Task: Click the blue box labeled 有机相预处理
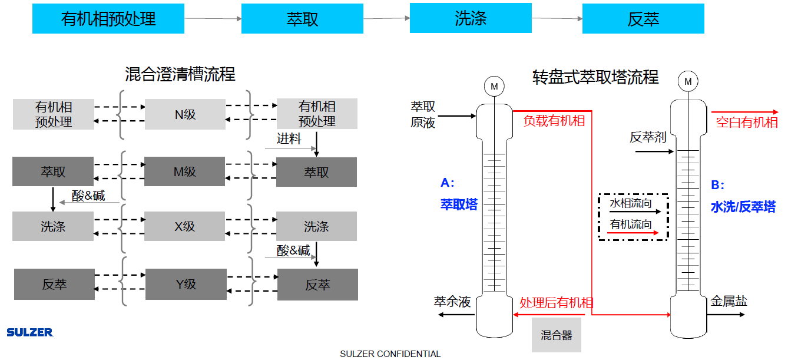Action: click(x=108, y=19)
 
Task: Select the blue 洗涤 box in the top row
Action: click(x=471, y=18)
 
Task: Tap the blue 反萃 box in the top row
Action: click(x=643, y=19)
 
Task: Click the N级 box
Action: click(x=185, y=114)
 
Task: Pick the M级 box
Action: click(x=184, y=171)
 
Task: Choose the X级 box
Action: click(x=184, y=226)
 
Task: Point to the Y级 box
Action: click(x=186, y=284)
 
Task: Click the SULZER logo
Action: click(x=30, y=332)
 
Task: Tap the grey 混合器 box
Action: click(x=556, y=335)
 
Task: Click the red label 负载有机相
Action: click(x=554, y=121)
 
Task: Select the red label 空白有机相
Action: click(x=746, y=123)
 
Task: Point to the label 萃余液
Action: click(x=452, y=302)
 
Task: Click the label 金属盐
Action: click(x=729, y=302)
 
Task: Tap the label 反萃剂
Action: click(x=648, y=137)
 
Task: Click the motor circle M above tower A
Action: click(x=494, y=87)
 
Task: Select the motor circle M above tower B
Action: click(x=687, y=81)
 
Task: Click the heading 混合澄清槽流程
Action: click(x=180, y=74)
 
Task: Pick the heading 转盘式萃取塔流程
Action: click(x=595, y=77)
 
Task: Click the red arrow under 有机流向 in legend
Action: click(x=633, y=233)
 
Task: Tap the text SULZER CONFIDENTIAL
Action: click(x=390, y=354)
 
